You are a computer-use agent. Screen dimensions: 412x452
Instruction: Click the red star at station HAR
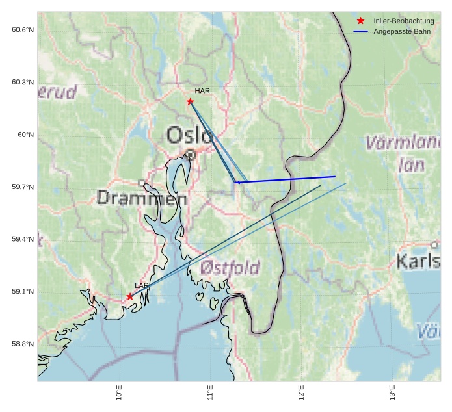(190, 101)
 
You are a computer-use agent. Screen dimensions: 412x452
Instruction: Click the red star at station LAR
(130, 296)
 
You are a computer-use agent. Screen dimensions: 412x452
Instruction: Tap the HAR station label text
(202, 91)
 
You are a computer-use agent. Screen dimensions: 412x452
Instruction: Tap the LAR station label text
(142, 285)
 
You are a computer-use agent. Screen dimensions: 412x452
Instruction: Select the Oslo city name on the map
(189, 135)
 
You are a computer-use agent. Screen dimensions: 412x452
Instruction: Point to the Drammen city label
(142, 198)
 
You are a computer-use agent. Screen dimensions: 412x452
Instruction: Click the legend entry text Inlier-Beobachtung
(399, 21)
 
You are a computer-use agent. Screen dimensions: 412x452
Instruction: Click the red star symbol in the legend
(361, 21)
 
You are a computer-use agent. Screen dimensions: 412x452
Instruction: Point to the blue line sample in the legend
(361, 31)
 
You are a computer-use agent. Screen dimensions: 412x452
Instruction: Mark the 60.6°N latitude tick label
(23, 30)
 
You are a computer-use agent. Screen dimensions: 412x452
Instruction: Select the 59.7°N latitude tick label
(23, 187)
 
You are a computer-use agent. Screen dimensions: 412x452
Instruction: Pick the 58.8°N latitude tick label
(23, 344)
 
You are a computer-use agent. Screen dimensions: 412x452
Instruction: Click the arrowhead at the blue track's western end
(236, 182)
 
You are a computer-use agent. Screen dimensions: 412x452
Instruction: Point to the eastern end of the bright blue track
(335, 177)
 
